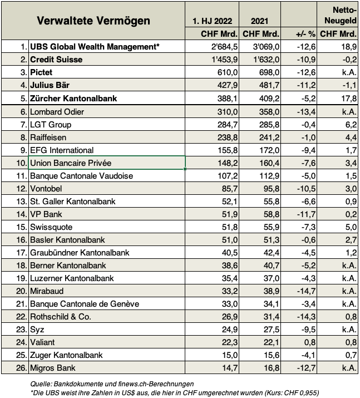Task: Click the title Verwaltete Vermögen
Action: (x=93, y=21)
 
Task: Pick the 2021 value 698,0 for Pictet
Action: (x=267, y=72)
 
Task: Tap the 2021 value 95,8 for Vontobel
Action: (x=269, y=189)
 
